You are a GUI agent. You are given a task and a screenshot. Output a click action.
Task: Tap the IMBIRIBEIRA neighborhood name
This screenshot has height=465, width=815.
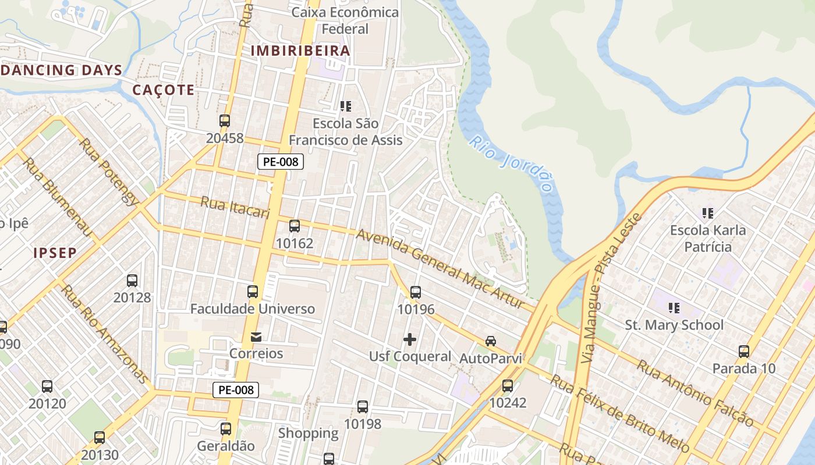pyautogui.click(x=300, y=51)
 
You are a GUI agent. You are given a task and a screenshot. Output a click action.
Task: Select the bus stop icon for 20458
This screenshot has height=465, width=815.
pyautogui.click(x=225, y=121)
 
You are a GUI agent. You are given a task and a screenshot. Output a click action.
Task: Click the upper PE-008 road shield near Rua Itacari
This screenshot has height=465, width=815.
pyautogui.click(x=281, y=162)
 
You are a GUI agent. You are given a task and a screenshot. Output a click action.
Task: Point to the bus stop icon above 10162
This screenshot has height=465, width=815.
pyautogui.click(x=295, y=226)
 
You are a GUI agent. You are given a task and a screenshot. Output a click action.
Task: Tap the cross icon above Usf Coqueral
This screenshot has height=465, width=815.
pyautogui.click(x=410, y=339)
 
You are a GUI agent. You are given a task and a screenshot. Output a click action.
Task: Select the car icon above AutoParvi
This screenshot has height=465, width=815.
pyautogui.click(x=491, y=341)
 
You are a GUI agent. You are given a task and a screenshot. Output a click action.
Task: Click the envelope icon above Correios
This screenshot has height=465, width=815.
pyautogui.click(x=256, y=337)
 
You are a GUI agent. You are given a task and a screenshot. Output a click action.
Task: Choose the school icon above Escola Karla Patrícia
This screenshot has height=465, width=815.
pyautogui.click(x=708, y=213)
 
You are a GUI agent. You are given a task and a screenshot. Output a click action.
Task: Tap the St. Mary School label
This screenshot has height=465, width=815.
pyautogui.click(x=674, y=325)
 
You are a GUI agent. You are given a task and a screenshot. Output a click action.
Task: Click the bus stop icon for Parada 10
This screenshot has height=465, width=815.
pyautogui.click(x=744, y=352)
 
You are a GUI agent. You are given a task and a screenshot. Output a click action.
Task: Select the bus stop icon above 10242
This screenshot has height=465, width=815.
pyautogui.click(x=508, y=385)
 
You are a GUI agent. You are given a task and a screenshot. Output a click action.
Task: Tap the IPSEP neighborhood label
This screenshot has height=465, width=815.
pyautogui.click(x=55, y=253)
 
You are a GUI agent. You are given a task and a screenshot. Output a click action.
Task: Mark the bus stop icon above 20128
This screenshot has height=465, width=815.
pyautogui.click(x=132, y=281)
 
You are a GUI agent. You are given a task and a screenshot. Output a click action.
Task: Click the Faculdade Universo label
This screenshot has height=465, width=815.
pyautogui.click(x=253, y=309)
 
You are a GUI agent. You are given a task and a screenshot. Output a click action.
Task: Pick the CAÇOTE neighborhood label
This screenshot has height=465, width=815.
pyautogui.click(x=163, y=90)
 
